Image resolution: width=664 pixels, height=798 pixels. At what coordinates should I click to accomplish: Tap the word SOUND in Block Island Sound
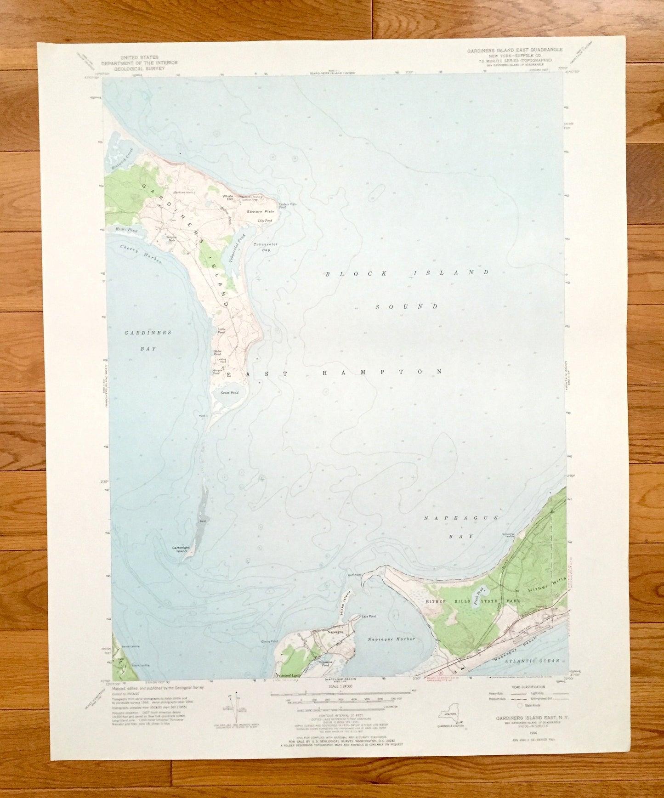coord(407,306)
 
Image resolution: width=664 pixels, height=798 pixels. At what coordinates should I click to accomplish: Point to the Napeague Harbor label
coord(391,639)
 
